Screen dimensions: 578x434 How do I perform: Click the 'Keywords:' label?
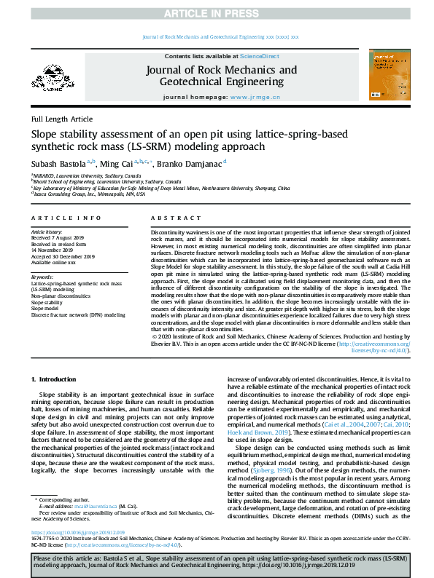pyautogui.click(x=43, y=277)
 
